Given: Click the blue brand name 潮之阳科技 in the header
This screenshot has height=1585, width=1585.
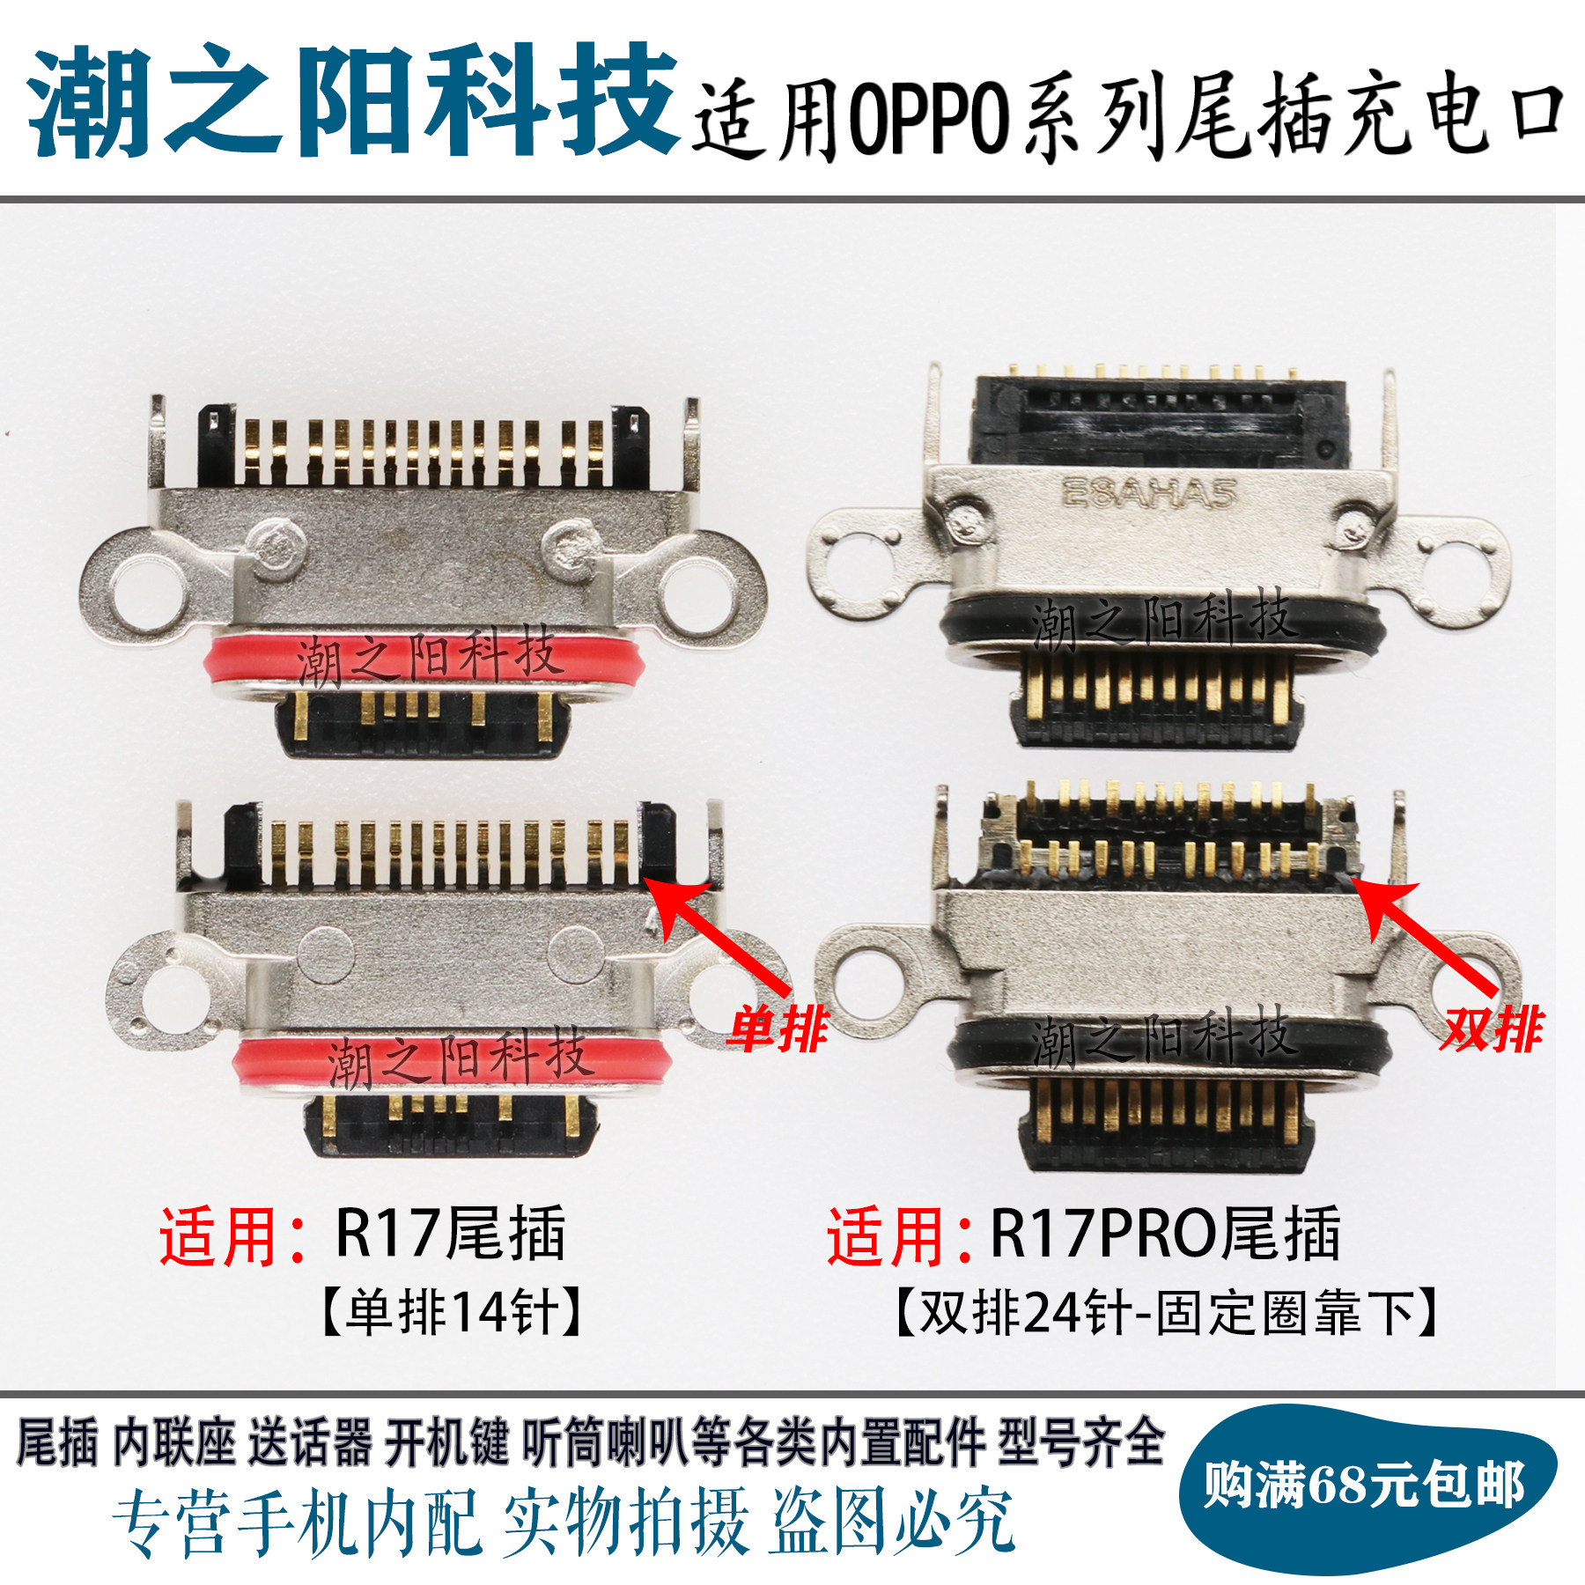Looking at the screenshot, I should pyautogui.click(x=352, y=101).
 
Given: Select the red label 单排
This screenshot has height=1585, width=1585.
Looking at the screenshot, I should pyautogui.click(x=777, y=1028).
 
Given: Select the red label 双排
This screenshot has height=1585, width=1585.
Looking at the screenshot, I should pyautogui.click(x=1491, y=1028).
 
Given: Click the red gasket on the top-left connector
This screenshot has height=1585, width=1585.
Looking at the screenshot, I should pyautogui.click(x=423, y=662).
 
